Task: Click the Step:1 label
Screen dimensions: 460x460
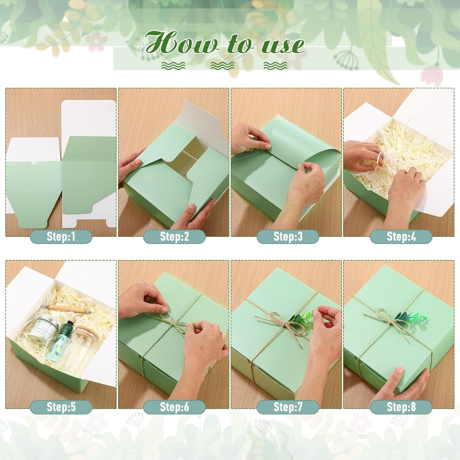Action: [x=61, y=237]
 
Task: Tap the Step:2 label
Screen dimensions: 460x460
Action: [x=174, y=237]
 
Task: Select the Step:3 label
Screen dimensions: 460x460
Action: [x=288, y=237]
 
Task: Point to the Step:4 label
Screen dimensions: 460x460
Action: [x=401, y=237]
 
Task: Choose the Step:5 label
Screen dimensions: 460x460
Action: [x=61, y=407]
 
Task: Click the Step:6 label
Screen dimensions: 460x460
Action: [x=174, y=407]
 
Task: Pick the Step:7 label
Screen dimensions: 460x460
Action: [x=288, y=407]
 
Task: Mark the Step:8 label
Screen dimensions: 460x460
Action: [x=401, y=407]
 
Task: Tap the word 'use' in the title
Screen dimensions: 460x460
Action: [x=283, y=45]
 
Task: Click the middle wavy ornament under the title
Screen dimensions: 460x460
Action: [x=222, y=66]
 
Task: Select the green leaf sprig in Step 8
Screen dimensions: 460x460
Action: [x=411, y=317]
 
